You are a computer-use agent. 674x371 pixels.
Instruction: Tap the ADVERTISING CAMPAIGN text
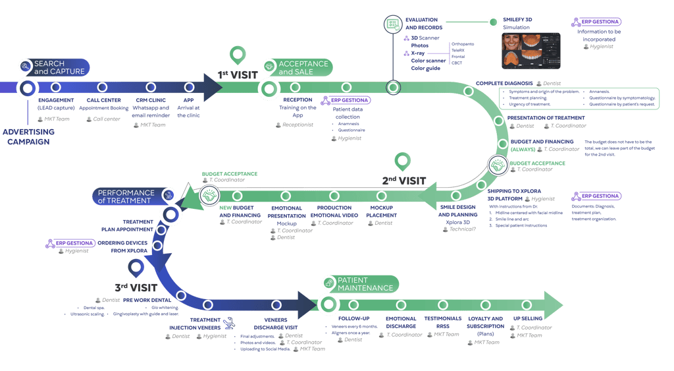(28, 136)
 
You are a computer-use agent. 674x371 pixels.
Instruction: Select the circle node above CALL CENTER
(103, 87)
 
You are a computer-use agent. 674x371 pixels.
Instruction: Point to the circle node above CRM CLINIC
(151, 87)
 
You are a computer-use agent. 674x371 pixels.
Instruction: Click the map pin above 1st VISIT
(237, 55)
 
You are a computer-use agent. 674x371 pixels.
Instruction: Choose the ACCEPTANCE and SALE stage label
(302, 67)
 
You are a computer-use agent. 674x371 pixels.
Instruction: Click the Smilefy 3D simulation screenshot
(531, 51)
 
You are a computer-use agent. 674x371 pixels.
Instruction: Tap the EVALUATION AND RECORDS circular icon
(393, 24)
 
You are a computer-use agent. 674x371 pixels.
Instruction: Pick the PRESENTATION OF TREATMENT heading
(546, 118)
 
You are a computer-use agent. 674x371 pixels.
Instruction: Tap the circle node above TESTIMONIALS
(442, 304)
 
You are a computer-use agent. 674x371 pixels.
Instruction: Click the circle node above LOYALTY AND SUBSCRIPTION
(484, 304)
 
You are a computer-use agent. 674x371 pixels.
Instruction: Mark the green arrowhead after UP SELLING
(552, 304)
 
